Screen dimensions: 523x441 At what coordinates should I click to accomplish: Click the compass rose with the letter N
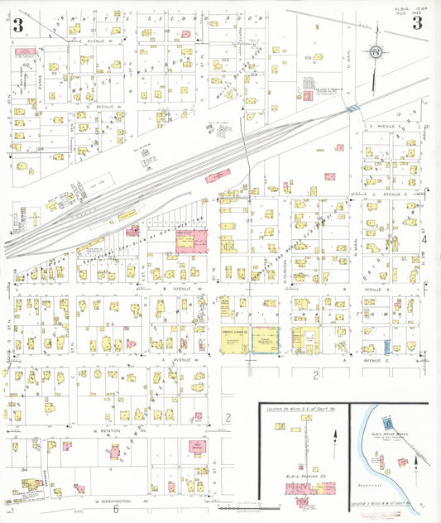click(x=376, y=52)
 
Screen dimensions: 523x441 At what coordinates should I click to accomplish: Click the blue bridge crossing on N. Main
click(x=353, y=109)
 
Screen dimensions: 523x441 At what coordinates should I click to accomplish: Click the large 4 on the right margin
click(x=423, y=238)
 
